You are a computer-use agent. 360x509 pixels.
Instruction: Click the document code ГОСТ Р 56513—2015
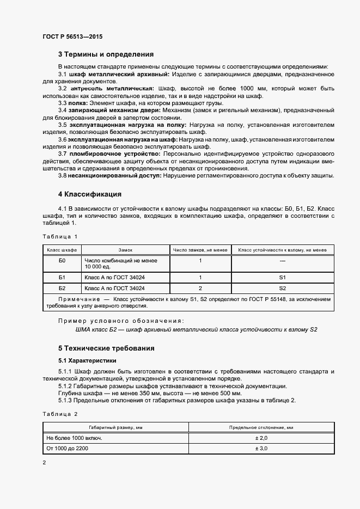tap(72, 36)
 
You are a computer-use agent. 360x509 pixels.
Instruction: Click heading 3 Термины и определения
tap(106, 54)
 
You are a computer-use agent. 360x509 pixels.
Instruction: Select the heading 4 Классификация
tap(89, 194)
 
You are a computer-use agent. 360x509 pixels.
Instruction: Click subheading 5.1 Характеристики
tap(87, 360)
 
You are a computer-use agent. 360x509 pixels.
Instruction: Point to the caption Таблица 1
tap(60, 236)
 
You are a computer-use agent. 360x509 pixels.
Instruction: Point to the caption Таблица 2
tap(60, 414)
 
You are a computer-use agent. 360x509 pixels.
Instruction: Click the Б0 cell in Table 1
tap(62, 261)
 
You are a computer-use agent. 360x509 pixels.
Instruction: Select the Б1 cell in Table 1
tap(62, 277)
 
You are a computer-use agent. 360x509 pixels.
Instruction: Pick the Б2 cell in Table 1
tap(62, 288)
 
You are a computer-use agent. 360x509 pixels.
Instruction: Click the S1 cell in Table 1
tap(282, 277)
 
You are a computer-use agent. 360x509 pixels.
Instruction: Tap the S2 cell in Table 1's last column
tap(282, 288)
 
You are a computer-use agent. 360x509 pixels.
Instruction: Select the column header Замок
tap(125, 250)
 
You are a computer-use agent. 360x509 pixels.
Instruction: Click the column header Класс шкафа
tap(62, 250)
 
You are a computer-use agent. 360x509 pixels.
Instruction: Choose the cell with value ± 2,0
tap(261, 438)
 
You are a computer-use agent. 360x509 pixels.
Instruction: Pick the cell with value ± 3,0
tap(261, 448)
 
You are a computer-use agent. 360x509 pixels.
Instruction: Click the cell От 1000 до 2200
tap(68, 448)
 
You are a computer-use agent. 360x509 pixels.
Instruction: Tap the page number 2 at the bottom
tap(44, 463)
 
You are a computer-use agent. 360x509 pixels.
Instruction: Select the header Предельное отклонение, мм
tap(261, 427)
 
